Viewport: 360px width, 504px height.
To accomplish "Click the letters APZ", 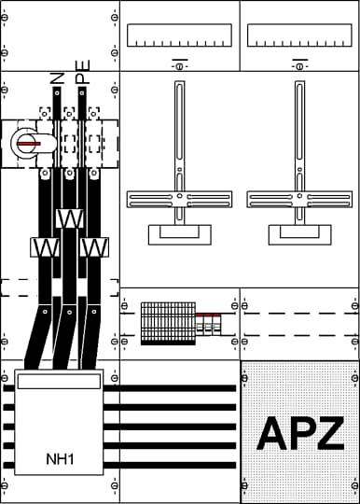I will click(x=299, y=432).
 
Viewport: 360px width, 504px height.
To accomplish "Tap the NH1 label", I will click(x=59, y=459).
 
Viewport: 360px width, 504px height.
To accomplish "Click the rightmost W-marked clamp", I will click(x=92, y=247).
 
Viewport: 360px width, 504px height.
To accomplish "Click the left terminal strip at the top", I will click(x=179, y=36).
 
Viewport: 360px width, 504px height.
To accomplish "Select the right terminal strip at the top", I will click(x=299, y=36).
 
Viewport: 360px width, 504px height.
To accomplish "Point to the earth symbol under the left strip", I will click(x=179, y=64).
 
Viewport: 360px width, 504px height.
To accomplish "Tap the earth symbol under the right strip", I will click(x=299, y=64).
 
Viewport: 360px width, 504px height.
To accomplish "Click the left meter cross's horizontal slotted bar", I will click(x=179, y=198).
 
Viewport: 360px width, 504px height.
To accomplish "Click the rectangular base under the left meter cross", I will click(x=179, y=234).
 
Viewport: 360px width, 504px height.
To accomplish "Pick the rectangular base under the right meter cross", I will click(x=299, y=234).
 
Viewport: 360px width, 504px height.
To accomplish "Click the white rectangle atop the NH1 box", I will click(x=59, y=381).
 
